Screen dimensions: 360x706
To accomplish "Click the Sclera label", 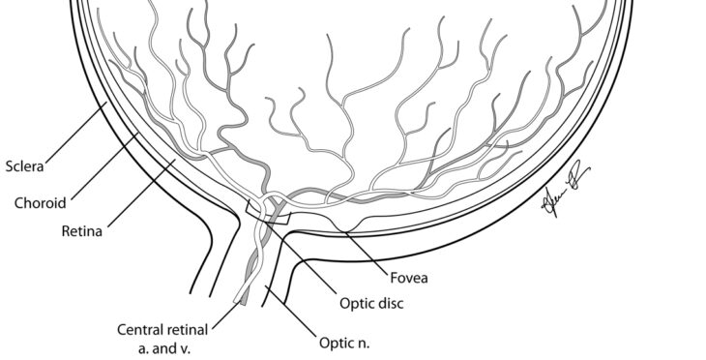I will (x=26, y=165).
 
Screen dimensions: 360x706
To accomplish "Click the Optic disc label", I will (x=371, y=303).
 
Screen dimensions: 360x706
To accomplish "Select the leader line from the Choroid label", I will (x=106, y=169).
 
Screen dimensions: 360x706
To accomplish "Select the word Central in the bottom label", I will (x=141, y=329).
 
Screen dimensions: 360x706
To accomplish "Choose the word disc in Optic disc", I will (x=389, y=303).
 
